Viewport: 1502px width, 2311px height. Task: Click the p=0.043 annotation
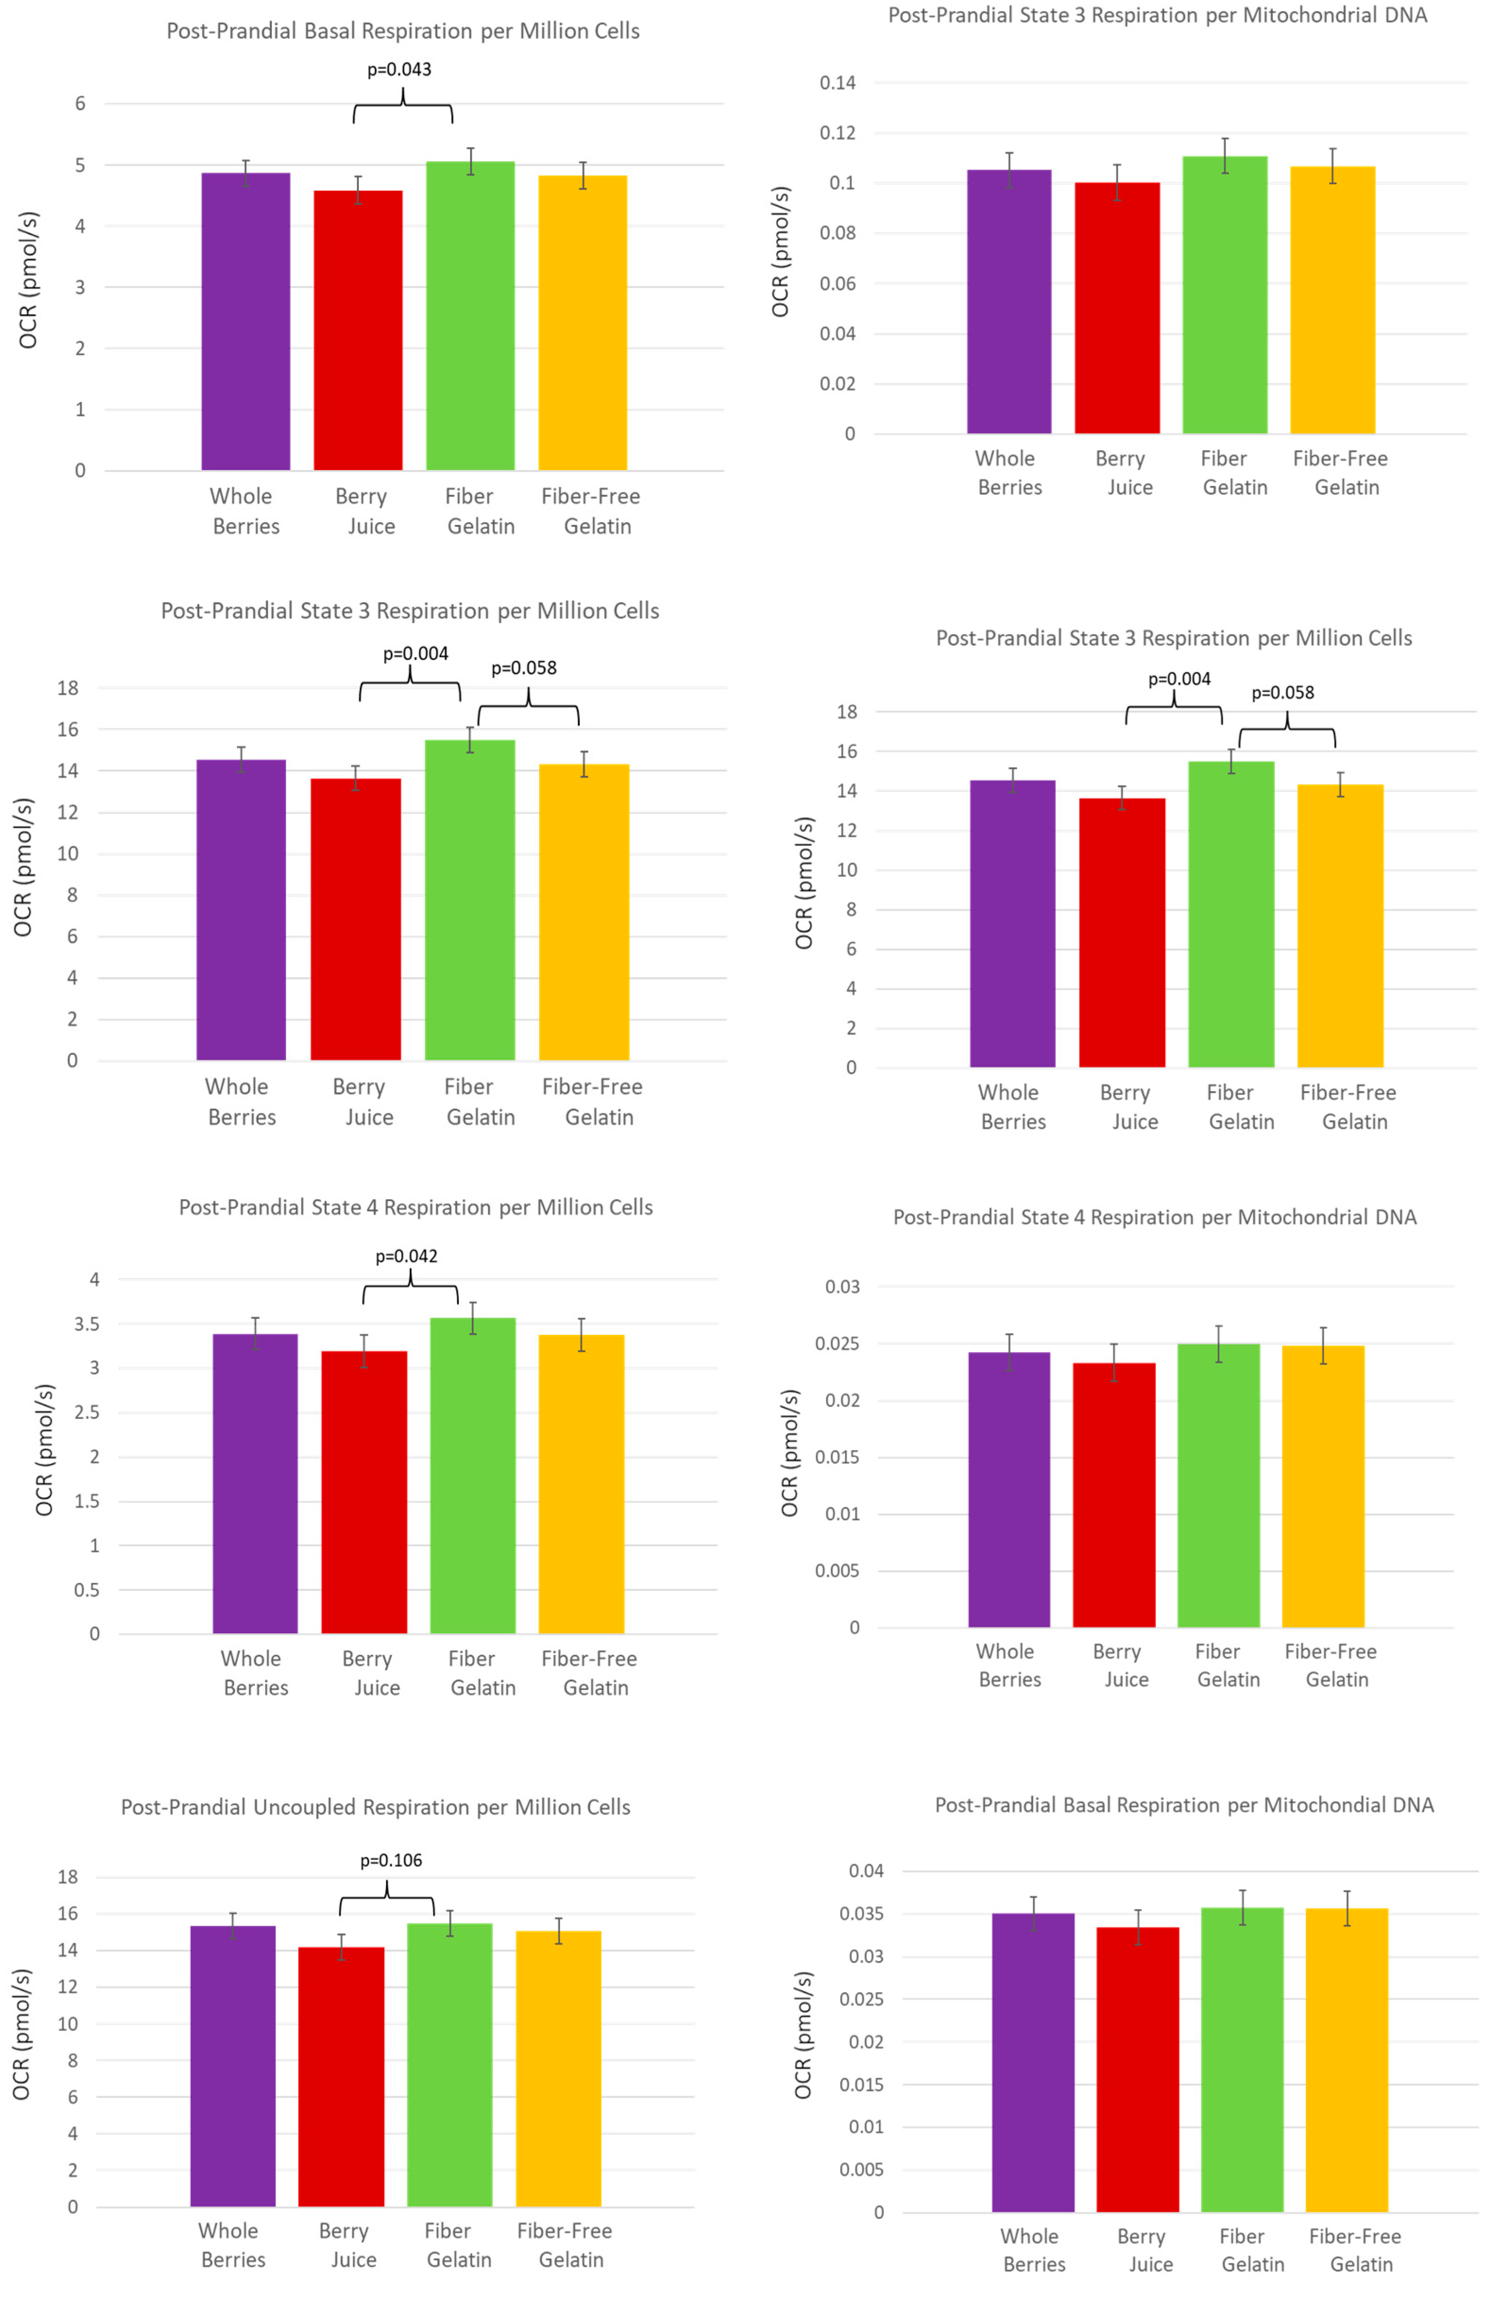coord(399,69)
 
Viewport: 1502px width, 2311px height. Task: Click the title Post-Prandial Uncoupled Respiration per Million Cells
coord(376,1807)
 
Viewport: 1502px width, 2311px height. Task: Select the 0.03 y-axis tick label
coord(842,1287)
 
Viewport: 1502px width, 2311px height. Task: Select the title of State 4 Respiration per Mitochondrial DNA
coord(1155,1217)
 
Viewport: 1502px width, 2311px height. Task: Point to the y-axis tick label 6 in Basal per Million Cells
coord(81,104)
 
